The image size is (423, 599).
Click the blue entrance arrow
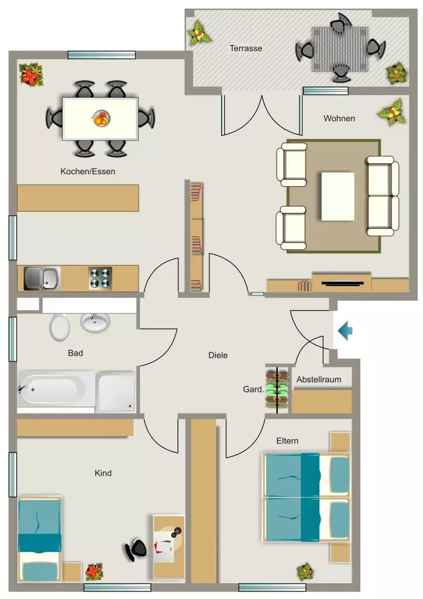pyautogui.click(x=345, y=331)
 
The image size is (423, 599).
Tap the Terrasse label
pyautogui.click(x=246, y=48)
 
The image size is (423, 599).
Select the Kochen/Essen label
pyautogui.click(x=88, y=171)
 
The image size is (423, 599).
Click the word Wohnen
pyautogui.click(x=339, y=118)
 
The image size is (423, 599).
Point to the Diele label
pyautogui.click(x=218, y=355)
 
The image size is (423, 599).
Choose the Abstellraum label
pyautogui.click(x=319, y=379)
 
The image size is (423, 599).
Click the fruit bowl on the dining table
pyautogui.click(x=101, y=118)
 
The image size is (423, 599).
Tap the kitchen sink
pyautogui.click(x=42, y=278)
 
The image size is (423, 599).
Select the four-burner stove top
pyautogui.click(x=100, y=278)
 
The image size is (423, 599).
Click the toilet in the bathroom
pyautogui.click(x=60, y=327)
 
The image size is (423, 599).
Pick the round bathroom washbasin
pyautogui.click(x=95, y=322)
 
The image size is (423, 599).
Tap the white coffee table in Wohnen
pyautogui.click(x=338, y=197)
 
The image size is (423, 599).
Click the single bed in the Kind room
pyautogui.click(x=40, y=539)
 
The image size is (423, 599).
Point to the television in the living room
pyautogui.click(x=342, y=284)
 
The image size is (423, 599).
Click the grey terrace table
pyautogui.click(x=340, y=49)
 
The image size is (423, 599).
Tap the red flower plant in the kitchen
pyautogui.click(x=32, y=75)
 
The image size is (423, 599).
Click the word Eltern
pyautogui.click(x=287, y=441)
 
